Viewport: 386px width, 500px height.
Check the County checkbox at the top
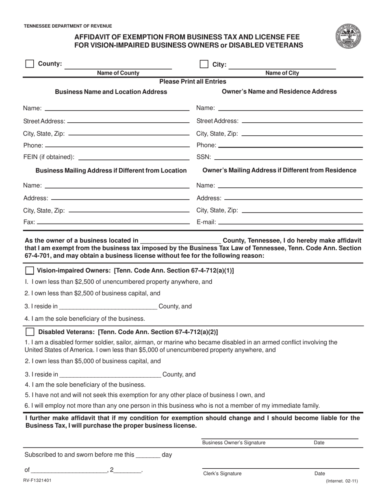[30, 64]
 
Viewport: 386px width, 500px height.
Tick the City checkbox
[204, 64]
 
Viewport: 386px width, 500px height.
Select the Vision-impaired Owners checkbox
[30, 271]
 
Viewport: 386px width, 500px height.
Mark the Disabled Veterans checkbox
[30, 332]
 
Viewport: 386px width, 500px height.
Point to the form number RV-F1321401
[38, 480]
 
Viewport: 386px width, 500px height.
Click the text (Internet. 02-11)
[342, 481]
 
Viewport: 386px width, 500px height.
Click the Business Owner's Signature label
[234, 443]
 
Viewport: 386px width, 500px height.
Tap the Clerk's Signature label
[222, 473]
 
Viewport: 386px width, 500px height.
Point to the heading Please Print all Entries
[193, 81]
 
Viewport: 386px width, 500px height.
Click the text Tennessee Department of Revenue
[68, 26]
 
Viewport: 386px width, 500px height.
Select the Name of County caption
[118, 73]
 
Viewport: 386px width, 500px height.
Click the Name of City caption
[282, 73]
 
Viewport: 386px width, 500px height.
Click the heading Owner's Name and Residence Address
[279, 91]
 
